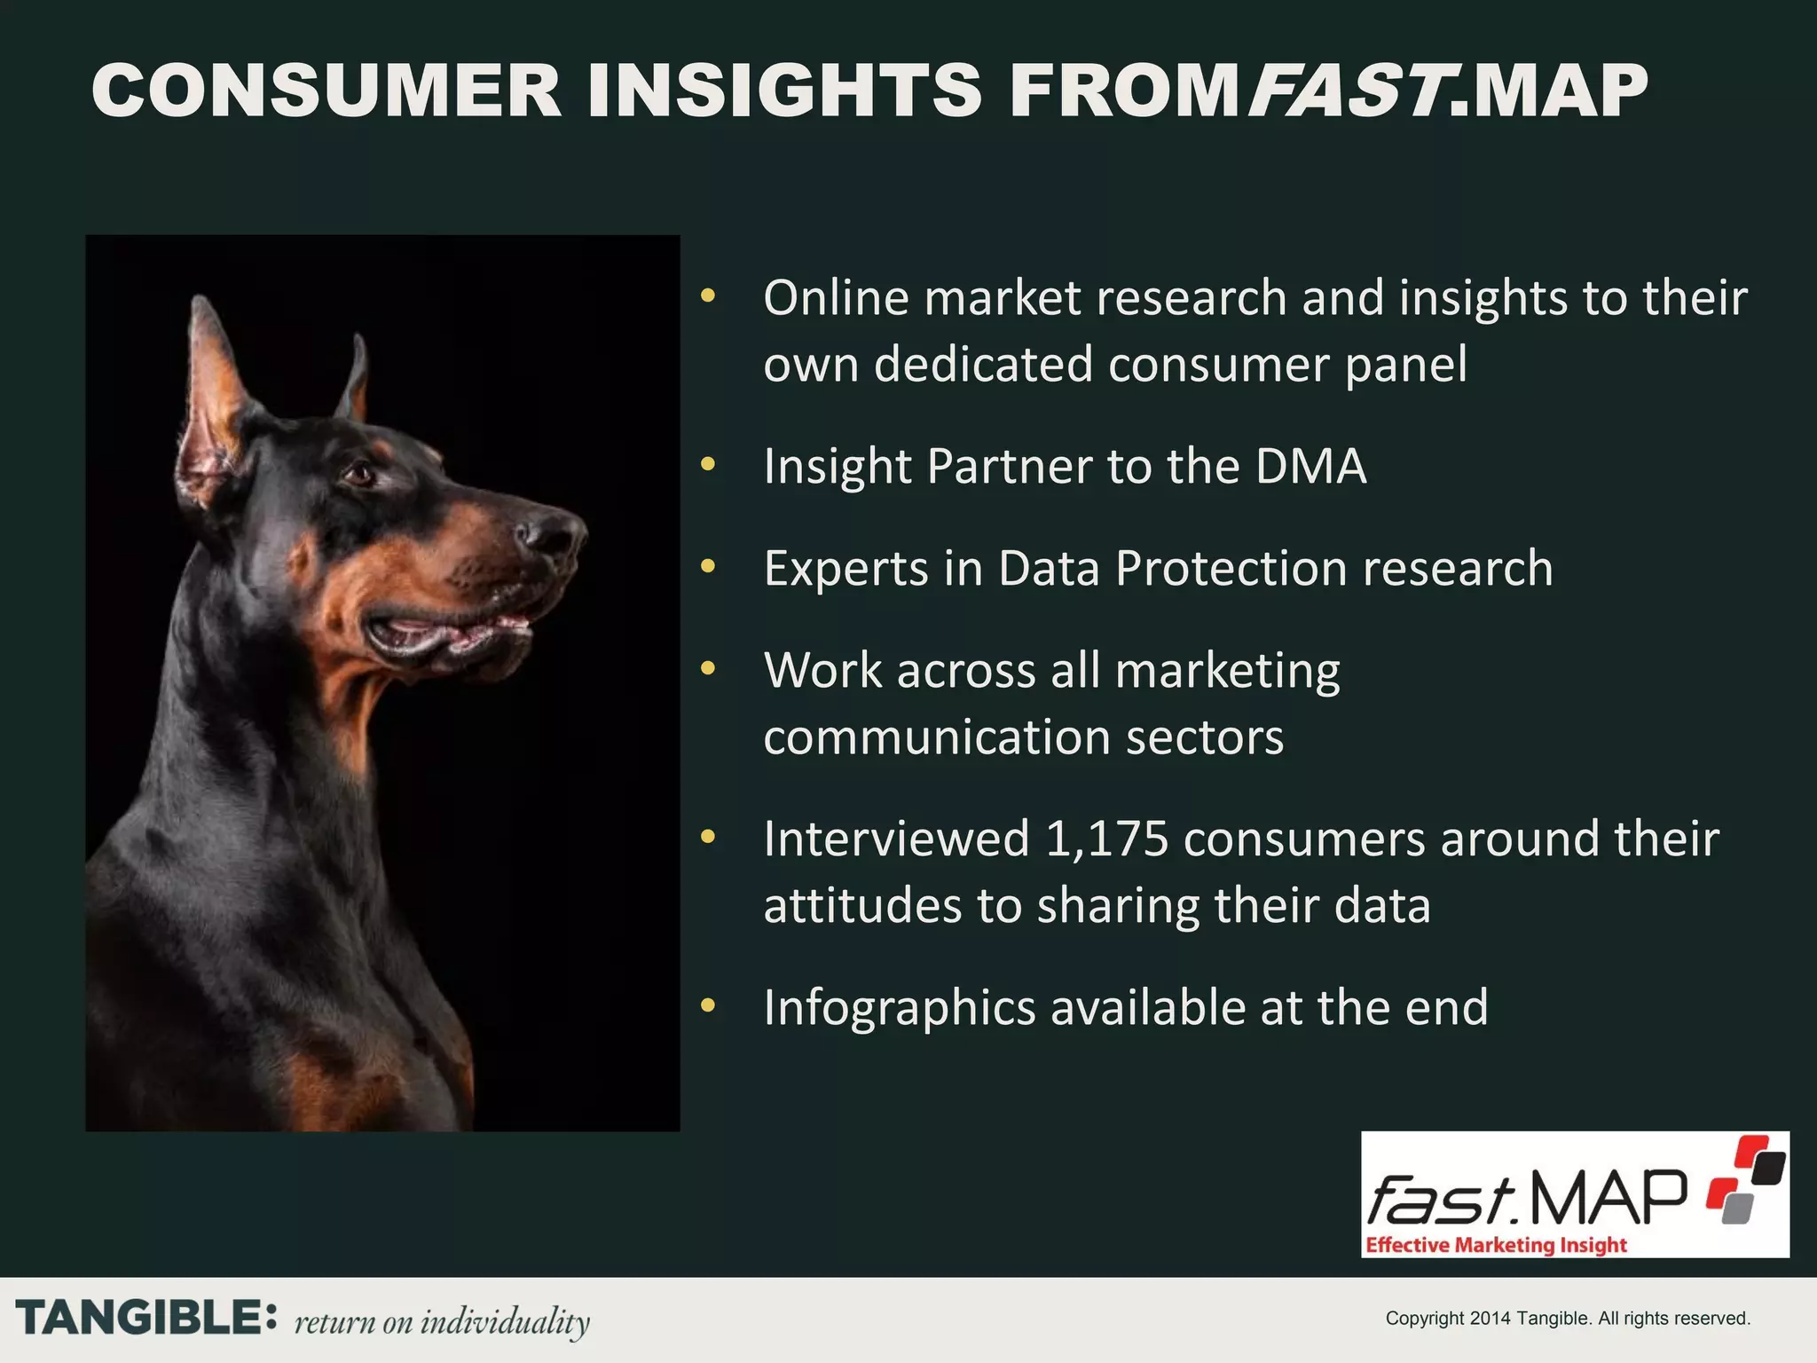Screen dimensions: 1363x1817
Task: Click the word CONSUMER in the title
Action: click(326, 91)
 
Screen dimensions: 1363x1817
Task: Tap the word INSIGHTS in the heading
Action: click(784, 91)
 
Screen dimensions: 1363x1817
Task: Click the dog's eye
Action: click(359, 474)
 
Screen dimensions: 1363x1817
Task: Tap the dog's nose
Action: click(555, 532)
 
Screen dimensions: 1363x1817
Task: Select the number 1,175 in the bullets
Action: click(1106, 839)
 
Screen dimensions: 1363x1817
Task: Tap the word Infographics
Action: click(899, 1008)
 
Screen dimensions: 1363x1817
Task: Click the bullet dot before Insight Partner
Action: click(707, 464)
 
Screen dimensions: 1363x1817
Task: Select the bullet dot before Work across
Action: click(707, 668)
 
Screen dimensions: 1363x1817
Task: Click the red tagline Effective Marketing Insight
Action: click(1496, 1245)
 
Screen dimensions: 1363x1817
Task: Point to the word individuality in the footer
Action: click(504, 1321)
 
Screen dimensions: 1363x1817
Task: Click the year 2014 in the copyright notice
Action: click(1490, 1319)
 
